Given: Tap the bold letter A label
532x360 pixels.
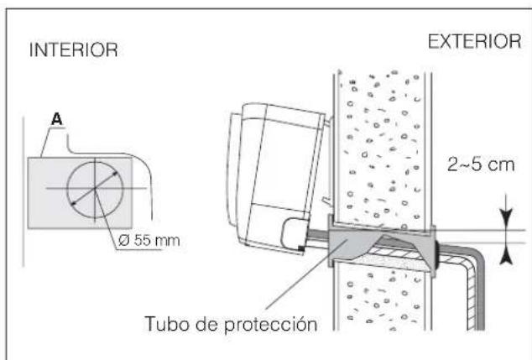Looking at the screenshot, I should coord(58,119).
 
